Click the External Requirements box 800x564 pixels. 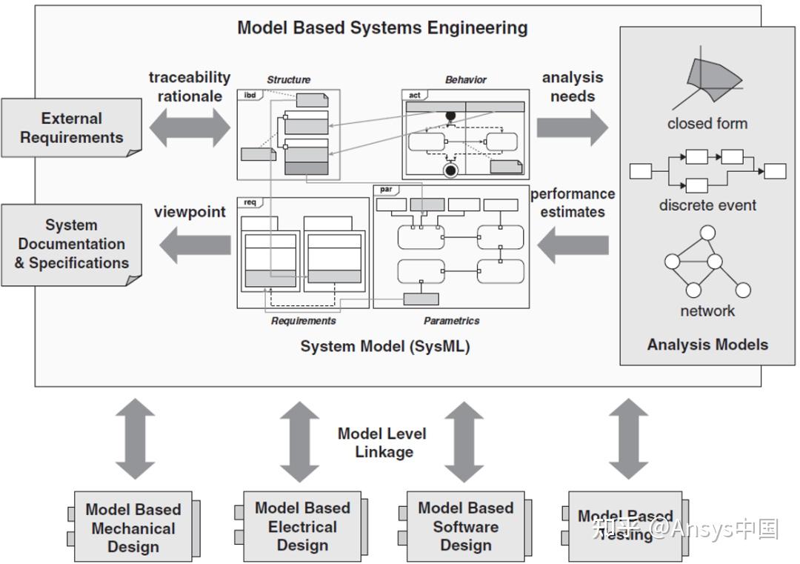tap(71, 127)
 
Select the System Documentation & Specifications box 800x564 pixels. tap(71, 244)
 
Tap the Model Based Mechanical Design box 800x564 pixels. tap(133, 528)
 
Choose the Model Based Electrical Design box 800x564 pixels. tap(302, 526)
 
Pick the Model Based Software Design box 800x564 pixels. tap(465, 526)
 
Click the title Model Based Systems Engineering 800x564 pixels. tap(382, 28)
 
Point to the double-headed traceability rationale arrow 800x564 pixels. tap(190, 127)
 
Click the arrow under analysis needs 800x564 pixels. tap(572, 127)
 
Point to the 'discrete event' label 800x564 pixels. tap(707, 205)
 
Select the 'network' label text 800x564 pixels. tap(707, 311)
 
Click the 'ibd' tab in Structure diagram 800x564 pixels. tap(250, 95)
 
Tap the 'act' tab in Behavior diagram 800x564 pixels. tap(415, 95)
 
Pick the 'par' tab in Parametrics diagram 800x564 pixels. tap(386, 190)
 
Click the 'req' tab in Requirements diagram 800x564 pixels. tap(250, 202)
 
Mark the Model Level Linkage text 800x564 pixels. tap(382, 442)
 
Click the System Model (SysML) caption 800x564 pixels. tap(384, 346)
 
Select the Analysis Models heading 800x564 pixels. tap(707, 345)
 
